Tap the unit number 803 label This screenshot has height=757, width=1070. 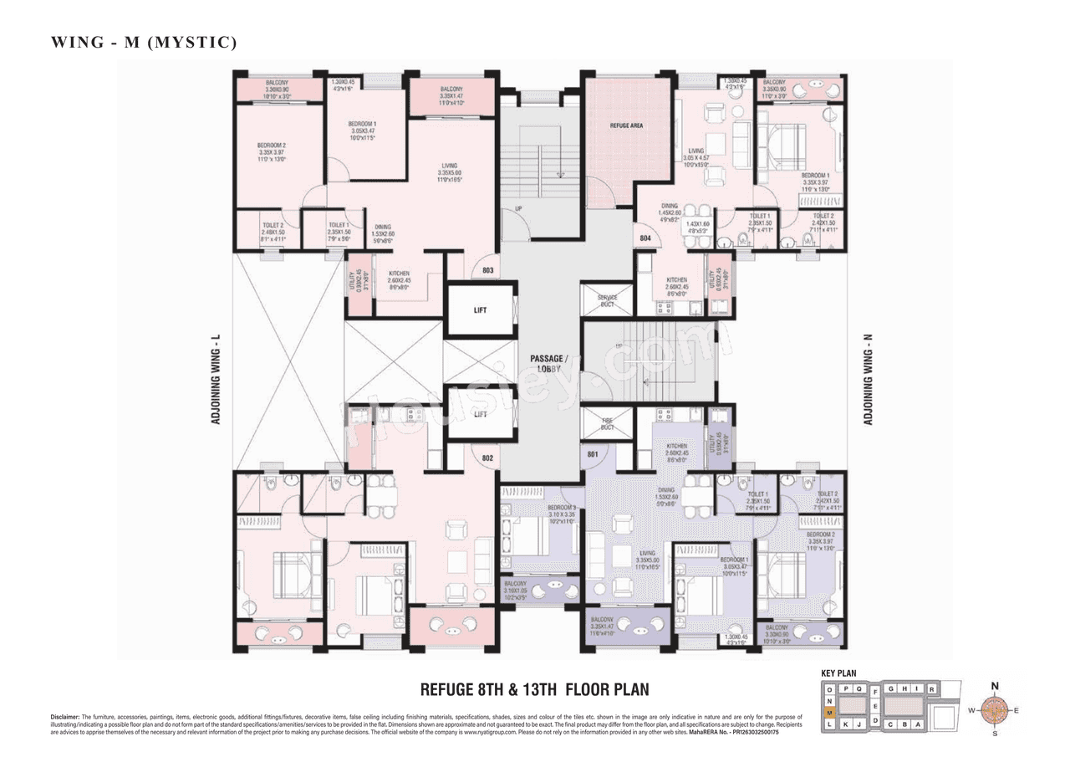pos(489,271)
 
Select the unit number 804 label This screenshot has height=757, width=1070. pos(645,238)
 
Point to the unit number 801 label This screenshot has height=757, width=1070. pos(593,454)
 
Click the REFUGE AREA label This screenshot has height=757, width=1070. pos(626,125)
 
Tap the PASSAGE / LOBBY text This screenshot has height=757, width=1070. pos(548,364)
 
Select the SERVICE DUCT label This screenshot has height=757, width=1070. pos(607,301)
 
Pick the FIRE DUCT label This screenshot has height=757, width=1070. pos(607,424)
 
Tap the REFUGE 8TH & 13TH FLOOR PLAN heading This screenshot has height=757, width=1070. pos(534,690)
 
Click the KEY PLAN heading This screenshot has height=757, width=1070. pos(838,673)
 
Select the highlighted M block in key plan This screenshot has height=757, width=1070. pos(829,712)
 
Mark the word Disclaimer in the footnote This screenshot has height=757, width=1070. pos(64,717)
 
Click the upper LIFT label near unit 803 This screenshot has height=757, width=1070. pos(480,310)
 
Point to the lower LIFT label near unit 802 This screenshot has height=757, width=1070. pos(480,414)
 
